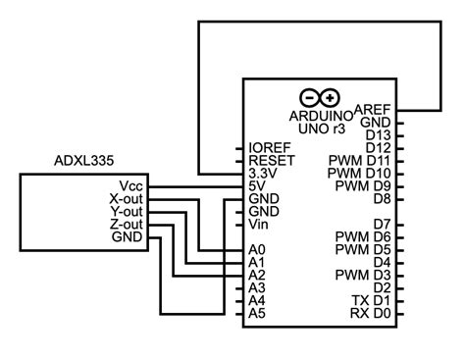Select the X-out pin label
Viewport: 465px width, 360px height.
point(126,198)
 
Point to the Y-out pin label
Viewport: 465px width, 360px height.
point(126,211)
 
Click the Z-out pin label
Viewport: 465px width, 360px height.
point(126,224)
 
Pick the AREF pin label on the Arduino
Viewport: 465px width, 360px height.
point(373,109)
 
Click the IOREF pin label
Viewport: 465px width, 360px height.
point(269,146)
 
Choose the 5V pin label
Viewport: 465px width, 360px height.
point(259,184)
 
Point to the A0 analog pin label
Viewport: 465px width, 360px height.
point(257,250)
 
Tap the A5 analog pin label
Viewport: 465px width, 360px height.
point(257,314)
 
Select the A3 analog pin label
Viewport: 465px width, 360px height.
point(257,288)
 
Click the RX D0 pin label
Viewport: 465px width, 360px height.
point(371,314)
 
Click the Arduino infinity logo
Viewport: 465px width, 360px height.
point(320,97)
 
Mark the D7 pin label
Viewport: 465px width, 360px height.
point(382,224)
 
